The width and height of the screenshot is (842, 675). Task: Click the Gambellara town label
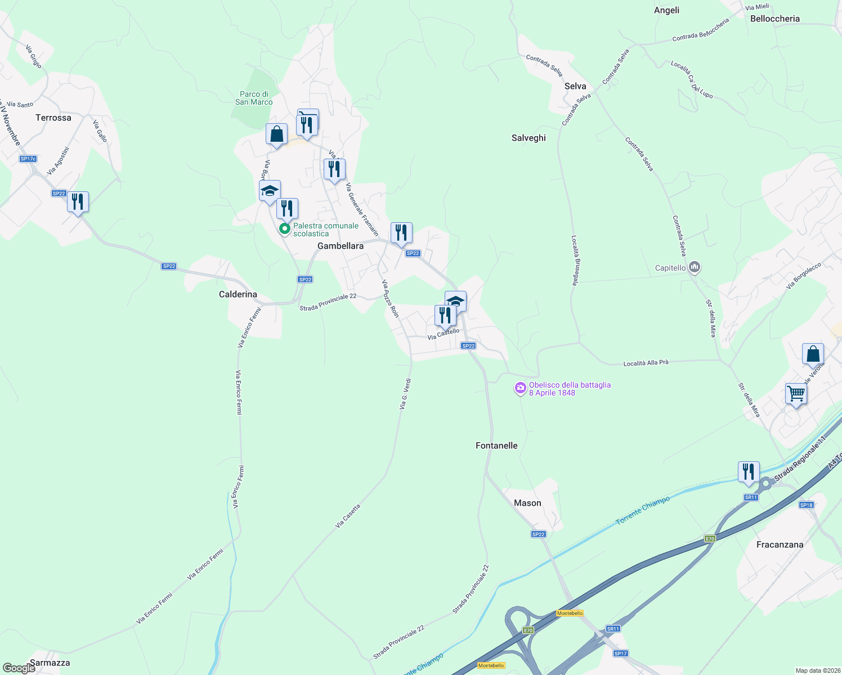pyautogui.click(x=341, y=246)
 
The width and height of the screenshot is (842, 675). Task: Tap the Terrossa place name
pyautogui.click(x=53, y=118)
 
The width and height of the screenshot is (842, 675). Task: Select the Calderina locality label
pyautogui.click(x=238, y=294)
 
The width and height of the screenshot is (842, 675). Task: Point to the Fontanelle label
pyautogui.click(x=496, y=445)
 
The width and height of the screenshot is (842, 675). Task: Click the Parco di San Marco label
pyautogui.click(x=254, y=98)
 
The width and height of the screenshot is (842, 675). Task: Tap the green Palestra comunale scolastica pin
pyautogui.click(x=285, y=229)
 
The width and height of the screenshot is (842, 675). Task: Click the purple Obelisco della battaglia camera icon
pyautogui.click(x=521, y=388)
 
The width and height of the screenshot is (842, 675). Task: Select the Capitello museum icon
pyautogui.click(x=695, y=267)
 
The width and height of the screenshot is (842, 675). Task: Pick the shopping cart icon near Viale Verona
pyautogui.click(x=796, y=393)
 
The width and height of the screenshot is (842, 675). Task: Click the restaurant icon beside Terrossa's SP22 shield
pyautogui.click(x=78, y=201)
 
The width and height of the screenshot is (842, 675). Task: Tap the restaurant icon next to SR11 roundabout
pyautogui.click(x=749, y=471)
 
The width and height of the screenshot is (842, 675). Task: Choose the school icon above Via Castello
pyautogui.click(x=455, y=301)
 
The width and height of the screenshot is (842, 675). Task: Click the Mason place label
pyautogui.click(x=527, y=503)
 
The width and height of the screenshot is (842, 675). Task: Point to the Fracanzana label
pyautogui.click(x=780, y=544)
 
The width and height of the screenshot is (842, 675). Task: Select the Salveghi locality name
pyautogui.click(x=529, y=138)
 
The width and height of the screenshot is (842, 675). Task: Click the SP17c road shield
pyautogui.click(x=28, y=159)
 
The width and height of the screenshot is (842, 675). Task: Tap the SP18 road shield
pyautogui.click(x=807, y=505)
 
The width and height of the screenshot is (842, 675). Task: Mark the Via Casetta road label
pyautogui.click(x=347, y=516)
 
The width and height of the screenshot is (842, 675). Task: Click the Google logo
pyautogui.click(x=19, y=668)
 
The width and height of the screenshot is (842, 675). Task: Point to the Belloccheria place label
pyautogui.click(x=774, y=19)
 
